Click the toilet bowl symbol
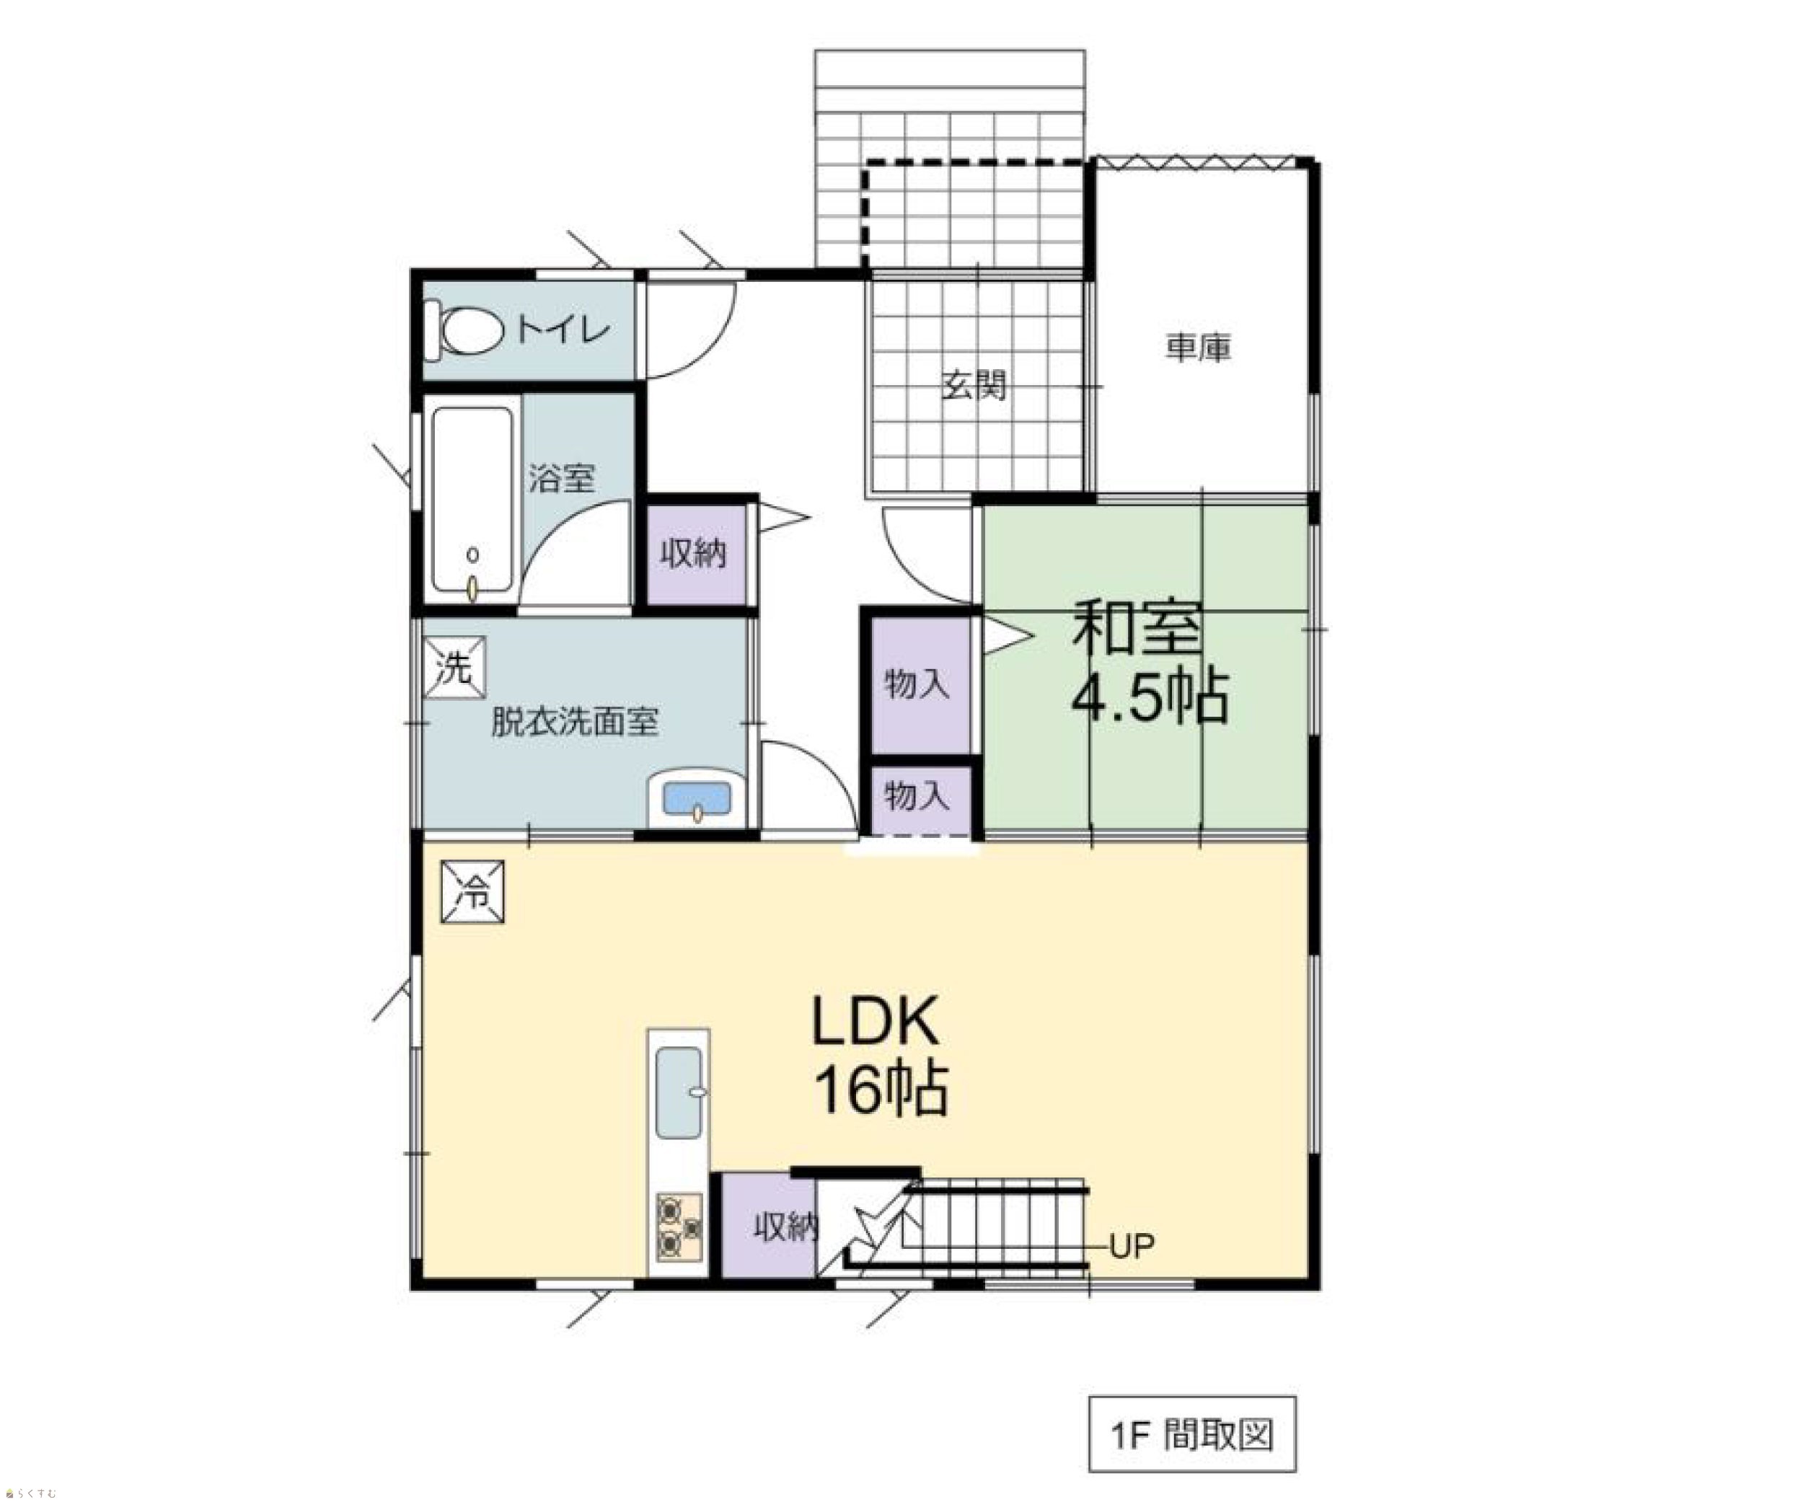tap(464, 330)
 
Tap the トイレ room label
tap(563, 329)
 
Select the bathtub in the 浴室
tap(472, 500)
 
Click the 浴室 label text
tap(562, 478)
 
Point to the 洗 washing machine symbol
tap(454, 667)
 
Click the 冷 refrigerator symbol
tap(472, 892)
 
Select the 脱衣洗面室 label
tap(574, 722)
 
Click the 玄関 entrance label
tap(974, 385)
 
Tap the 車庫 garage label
tap(1199, 348)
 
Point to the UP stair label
tap(1132, 1245)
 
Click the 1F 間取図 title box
tap(1193, 1434)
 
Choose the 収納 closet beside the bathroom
tap(694, 554)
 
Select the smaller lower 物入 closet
tap(918, 798)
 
